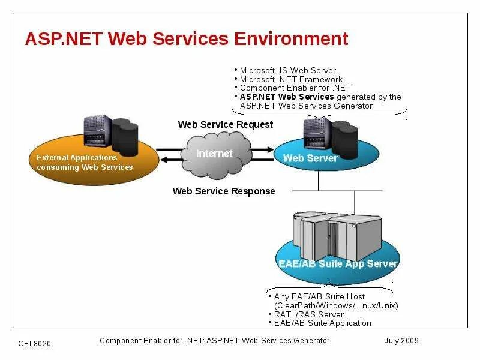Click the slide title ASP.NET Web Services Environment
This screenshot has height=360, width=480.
tap(186, 39)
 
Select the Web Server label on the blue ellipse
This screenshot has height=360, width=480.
tap(310, 158)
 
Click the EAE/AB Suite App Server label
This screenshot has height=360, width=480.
tap(338, 263)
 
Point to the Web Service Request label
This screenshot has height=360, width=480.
tap(225, 125)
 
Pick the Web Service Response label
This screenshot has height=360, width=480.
tap(224, 191)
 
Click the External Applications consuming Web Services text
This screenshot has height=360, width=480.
tap(85, 163)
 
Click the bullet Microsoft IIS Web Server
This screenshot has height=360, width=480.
tap(287, 71)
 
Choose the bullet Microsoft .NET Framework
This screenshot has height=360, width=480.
tap(291, 79)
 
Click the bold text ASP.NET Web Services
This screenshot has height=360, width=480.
tap(287, 97)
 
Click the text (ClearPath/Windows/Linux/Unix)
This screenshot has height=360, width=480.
tap(336, 305)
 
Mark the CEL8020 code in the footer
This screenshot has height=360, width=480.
tap(35, 343)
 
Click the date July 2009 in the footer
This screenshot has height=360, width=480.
tap(401, 341)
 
